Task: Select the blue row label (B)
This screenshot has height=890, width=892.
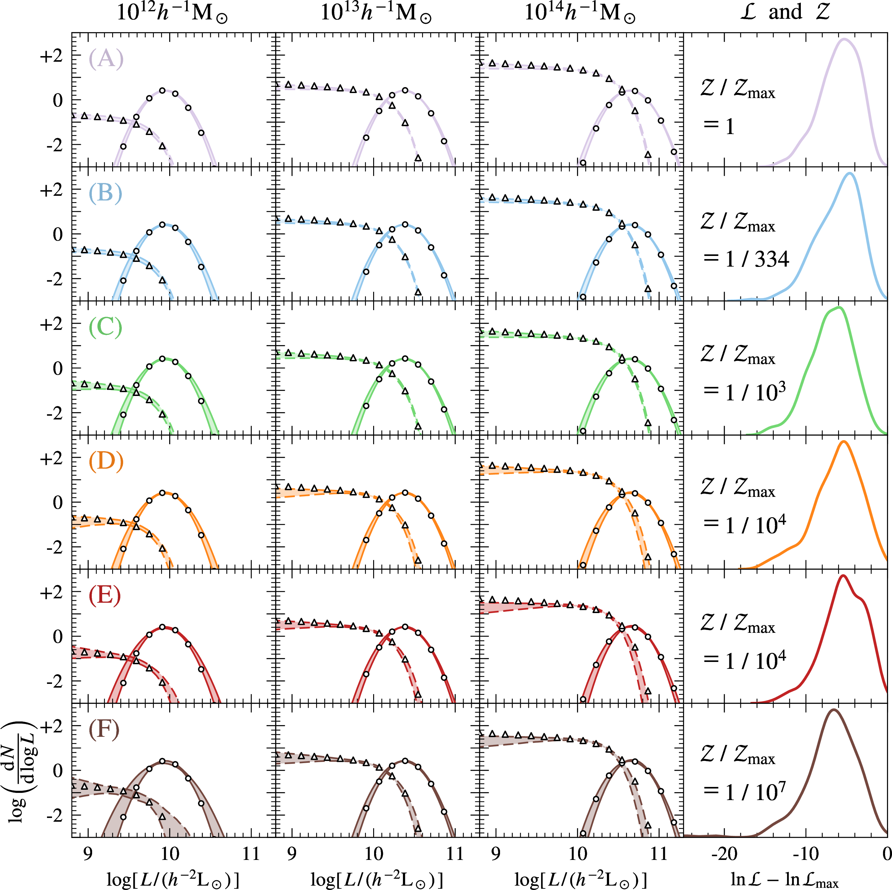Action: point(105,192)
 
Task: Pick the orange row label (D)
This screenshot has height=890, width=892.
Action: point(106,461)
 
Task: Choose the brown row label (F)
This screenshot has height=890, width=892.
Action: point(104,729)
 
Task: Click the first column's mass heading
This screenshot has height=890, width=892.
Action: point(172,13)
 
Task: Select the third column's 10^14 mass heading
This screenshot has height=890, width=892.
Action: point(580,13)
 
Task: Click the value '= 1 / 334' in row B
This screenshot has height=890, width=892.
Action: point(746,259)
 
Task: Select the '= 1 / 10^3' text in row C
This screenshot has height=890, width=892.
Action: point(744,392)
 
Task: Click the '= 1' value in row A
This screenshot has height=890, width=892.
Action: point(718,126)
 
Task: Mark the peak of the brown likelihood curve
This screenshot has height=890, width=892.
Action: point(834,710)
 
